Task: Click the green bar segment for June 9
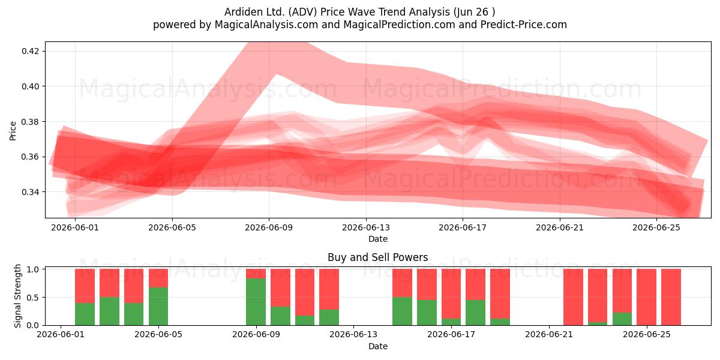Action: pyautogui.click(x=256, y=301)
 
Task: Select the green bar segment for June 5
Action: pyautogui.click(x=158, y=306)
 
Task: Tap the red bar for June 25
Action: pyautogui.click(x=646, y=297)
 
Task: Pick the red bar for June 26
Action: pyautogui.click(x=671, y=297)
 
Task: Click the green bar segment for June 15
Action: pyautogui.click(x=402, y=311)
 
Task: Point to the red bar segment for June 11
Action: pyautogui.click(x=305, y=292)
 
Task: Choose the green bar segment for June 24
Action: pyautogui.click(x=622, y=319)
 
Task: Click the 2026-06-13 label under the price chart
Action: pyautogui.click(x=366, y=227)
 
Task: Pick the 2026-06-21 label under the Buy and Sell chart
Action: pyautogui.click(x=549, y=335)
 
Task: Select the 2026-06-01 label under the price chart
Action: pyautogui.click(x=75, y=227)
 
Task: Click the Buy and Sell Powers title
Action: pyautogui.click(x=377, y=257)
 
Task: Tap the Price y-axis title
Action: pyautogui.click(x=13, y=131)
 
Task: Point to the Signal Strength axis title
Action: pyautogui.click(x=17, y=296)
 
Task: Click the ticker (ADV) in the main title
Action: pyautogui.click(x=302, y=12)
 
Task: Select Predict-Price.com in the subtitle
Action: pyautogui.click(x=524, y=25)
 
